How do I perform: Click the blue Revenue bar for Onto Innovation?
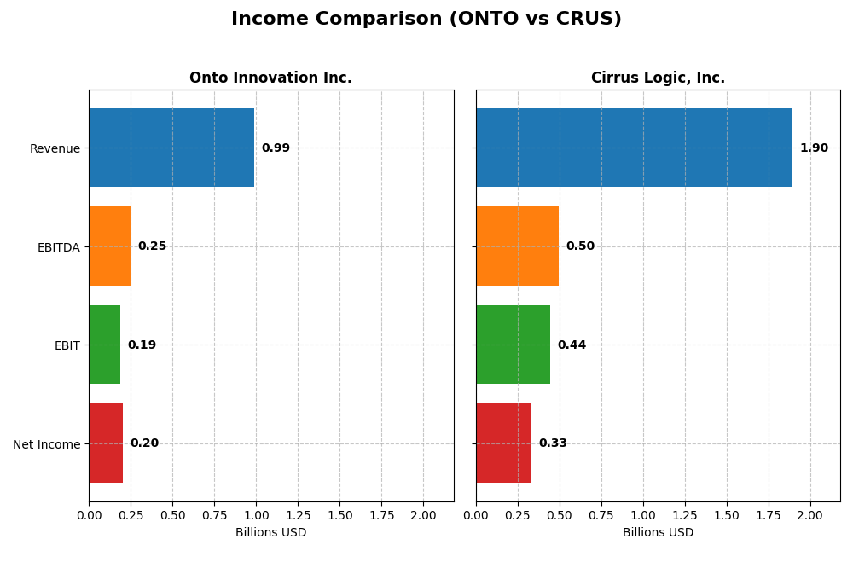(x=171, y=148)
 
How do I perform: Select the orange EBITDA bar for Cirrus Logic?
(x=517, y=246)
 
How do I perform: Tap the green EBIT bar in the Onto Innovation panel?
(x=104, y=345)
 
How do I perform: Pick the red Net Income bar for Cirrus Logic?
(x=503, y=443)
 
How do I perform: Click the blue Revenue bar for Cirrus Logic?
(x=634, y=148)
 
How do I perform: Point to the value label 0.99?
(x=276, y=148)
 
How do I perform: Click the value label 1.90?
(x=814, y=148)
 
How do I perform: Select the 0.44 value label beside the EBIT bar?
(x=572, y=345)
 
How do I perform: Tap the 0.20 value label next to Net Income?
(x=144, y=443)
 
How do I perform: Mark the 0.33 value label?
(x=553, y=443)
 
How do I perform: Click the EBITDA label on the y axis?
(x=59, y=247)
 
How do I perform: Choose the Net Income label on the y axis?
(x=47, y=444)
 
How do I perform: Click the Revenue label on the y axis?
(x=55, y=149)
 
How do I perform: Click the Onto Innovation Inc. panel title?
(x=270, y=78)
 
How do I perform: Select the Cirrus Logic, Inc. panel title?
(x=658, y=78)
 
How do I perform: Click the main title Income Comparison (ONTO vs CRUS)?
(x=426, y=20)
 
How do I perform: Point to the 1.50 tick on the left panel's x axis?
(x=339, y=516)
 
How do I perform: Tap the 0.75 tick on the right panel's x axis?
(x=601, y=516)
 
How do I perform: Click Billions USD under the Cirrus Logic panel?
(x=658, y=533)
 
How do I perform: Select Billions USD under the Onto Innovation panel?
(x=270, y=533)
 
